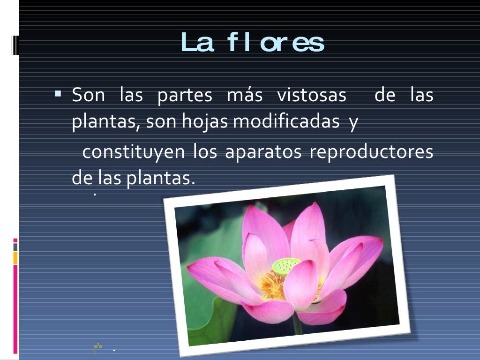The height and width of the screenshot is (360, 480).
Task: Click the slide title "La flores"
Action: pos(253,43)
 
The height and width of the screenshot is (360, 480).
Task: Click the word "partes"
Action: pos(185,96)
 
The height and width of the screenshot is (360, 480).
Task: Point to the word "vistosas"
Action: pos(312,96)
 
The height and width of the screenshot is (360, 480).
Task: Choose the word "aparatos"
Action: pos(263,153)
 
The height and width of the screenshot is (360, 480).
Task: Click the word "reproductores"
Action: pos(371,153)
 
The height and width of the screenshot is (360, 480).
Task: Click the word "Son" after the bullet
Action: pos(88,96)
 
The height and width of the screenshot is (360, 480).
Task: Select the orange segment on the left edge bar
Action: pos(15,257)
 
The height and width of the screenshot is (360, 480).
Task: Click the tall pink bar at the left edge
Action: pos(15,309)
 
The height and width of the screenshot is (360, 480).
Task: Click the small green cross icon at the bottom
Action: pos(98,347)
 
